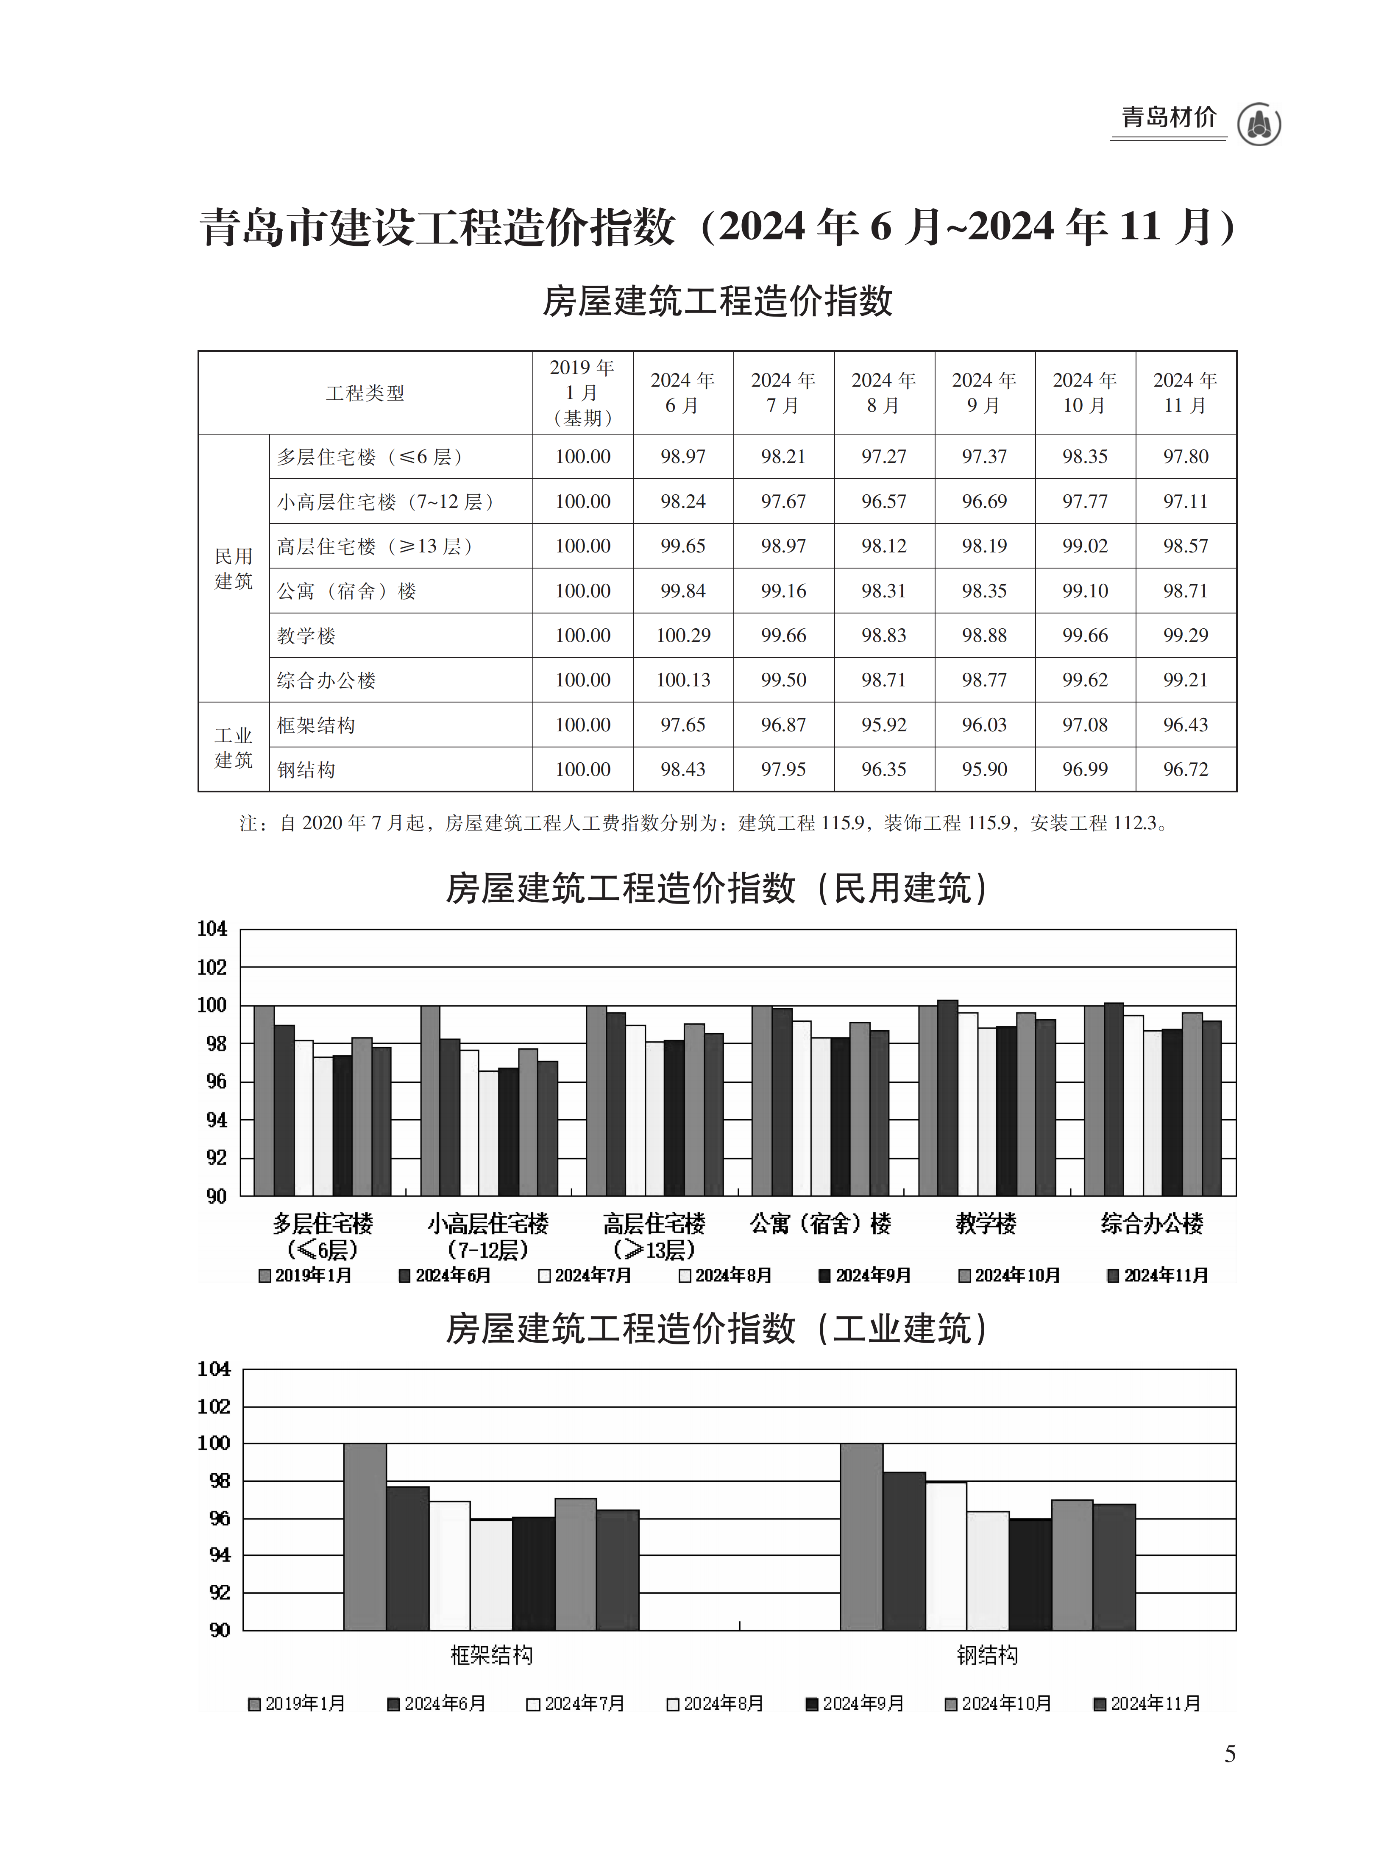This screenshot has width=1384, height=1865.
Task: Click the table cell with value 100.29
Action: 683,635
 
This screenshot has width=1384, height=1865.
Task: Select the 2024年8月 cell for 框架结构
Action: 884,725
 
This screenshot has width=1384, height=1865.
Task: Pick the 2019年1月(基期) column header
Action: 582,392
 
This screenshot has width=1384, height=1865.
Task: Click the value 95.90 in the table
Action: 984,769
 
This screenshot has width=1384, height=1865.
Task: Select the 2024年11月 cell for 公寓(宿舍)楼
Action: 1186,591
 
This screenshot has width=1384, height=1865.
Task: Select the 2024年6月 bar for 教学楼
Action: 947,1098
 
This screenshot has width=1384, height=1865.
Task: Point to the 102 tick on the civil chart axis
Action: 212,967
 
